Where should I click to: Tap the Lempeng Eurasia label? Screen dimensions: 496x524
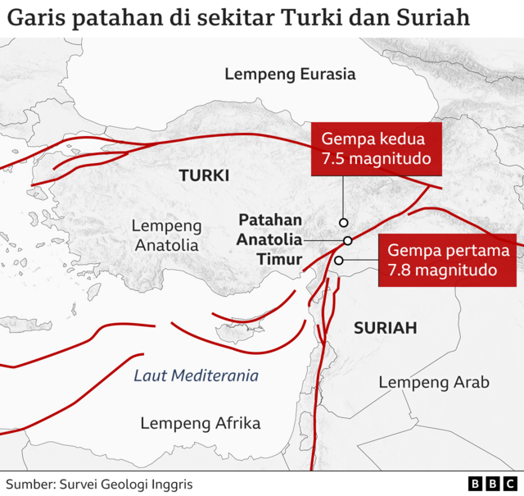tap(290, 75)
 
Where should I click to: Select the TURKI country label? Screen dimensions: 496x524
tap(204, 175)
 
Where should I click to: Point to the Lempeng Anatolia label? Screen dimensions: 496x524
tap(166, 234)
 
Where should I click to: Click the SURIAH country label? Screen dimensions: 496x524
tap(385, 328)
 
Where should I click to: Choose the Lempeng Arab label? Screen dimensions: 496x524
tap(434, 382)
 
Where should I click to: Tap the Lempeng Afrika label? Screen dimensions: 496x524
tap(201, 423)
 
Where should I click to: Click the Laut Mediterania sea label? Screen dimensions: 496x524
tap(196, 376)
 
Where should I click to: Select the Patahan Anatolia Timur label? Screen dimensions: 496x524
tap(269, 240)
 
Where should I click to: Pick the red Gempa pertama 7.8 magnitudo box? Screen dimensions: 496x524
tap(448, 260)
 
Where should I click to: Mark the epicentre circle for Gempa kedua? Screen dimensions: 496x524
tap(344, 222)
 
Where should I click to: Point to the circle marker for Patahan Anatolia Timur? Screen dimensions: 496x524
tap(348, 240)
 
